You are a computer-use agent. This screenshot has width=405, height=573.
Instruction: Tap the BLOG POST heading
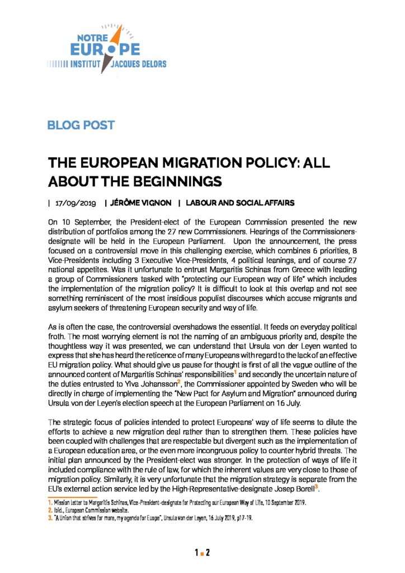pos(81,125)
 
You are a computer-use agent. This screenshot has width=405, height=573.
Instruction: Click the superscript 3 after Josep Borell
pos(317,487)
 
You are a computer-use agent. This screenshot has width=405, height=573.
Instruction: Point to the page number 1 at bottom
pos(196,553)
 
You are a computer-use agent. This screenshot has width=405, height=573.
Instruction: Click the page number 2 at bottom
pos(208,553)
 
